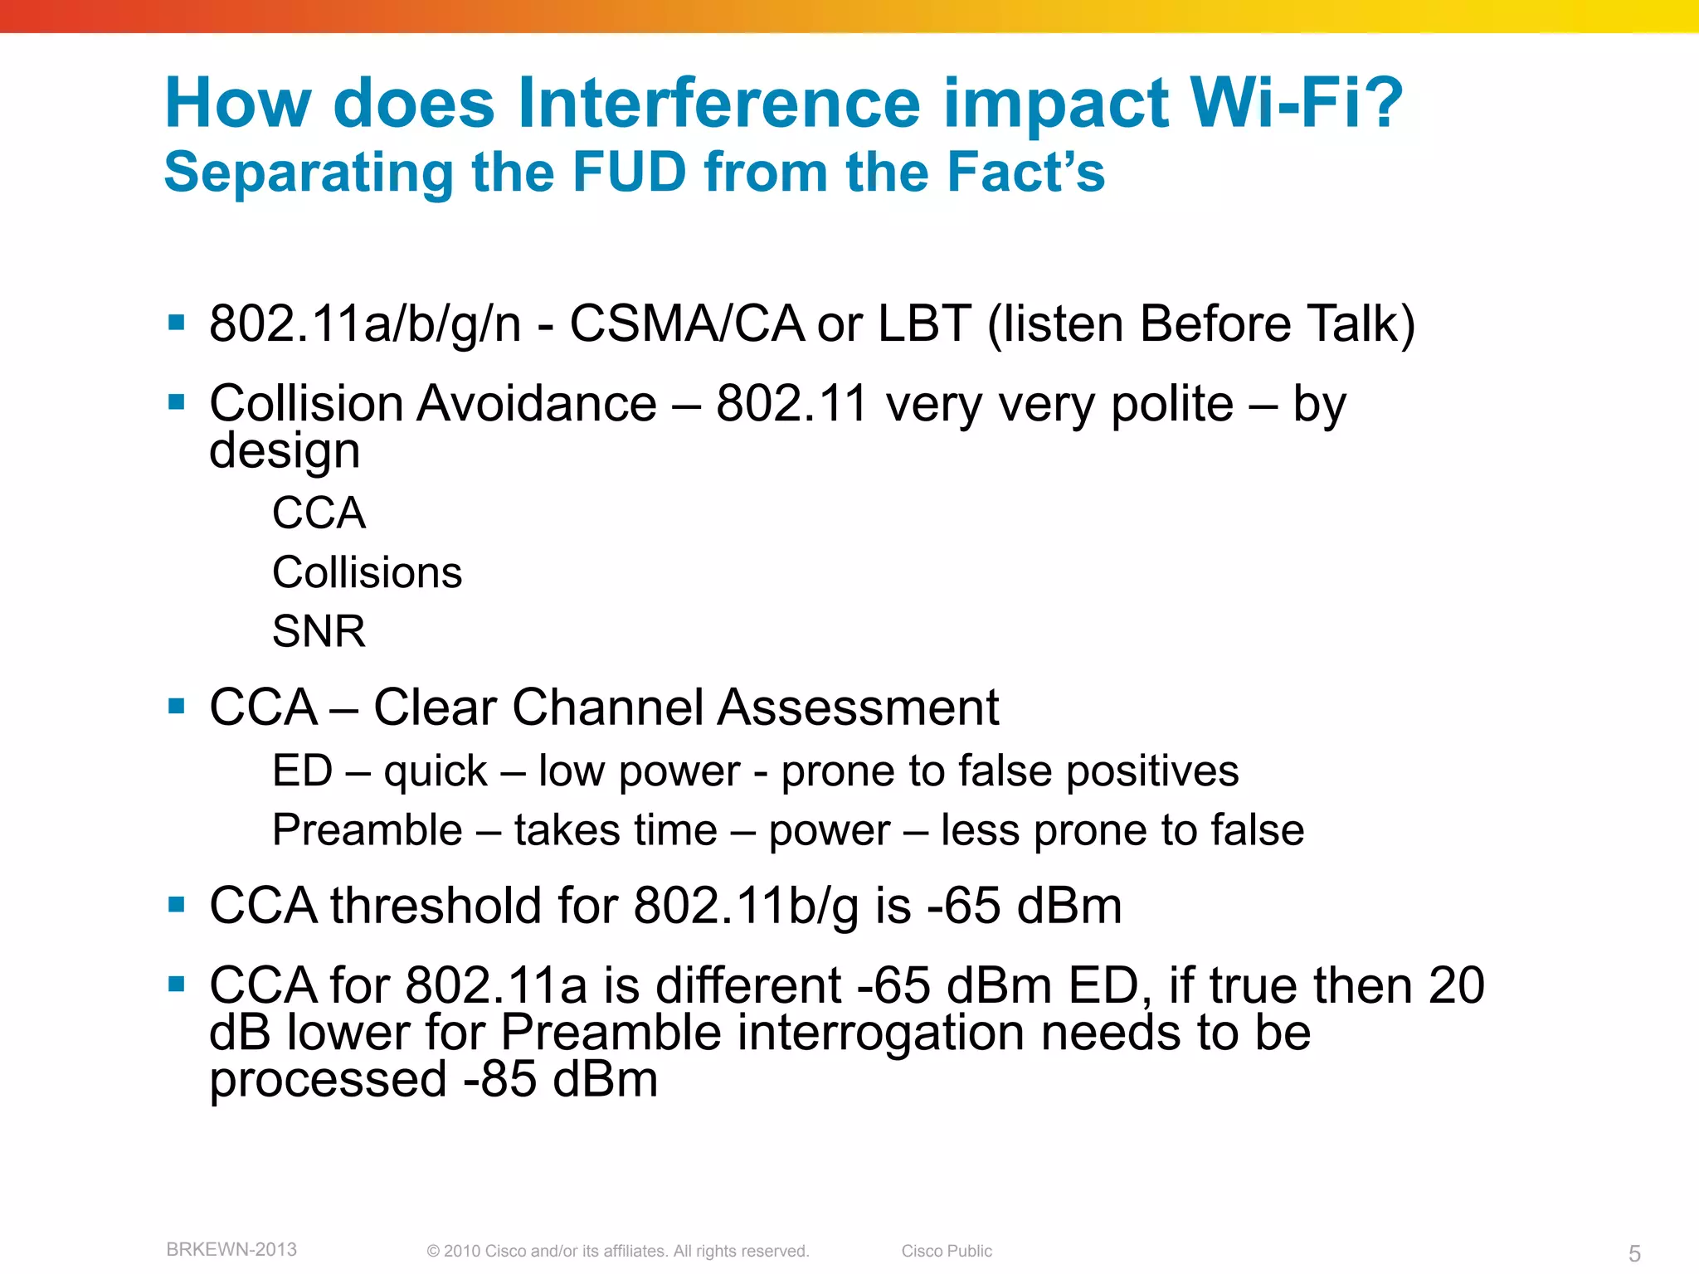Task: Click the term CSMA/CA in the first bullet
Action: coord(686,323)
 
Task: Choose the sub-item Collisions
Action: coord(367,572)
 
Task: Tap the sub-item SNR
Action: coord(319,631)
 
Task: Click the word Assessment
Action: coord(858,708)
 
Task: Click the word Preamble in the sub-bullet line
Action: coord(367,830)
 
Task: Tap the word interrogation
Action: coord(881,1033)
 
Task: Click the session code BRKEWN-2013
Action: coord(231,1249)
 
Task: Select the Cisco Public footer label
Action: coord(947,1251)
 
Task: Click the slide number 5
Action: coord(1633,1253)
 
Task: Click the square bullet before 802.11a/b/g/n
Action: coord(176,322)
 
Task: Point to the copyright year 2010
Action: coord(462,1251)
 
